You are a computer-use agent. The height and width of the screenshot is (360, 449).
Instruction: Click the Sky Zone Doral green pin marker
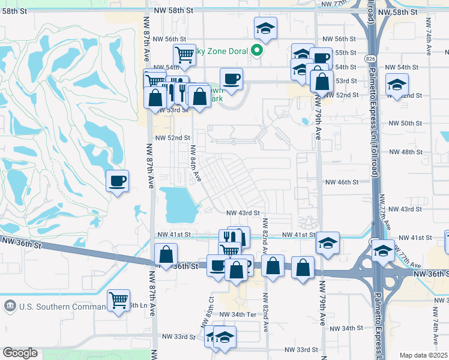click(x=256, y=50)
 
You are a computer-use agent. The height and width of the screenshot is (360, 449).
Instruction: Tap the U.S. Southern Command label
click(x=53, y=307)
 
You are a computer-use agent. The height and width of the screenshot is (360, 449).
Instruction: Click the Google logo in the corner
click(x=20, y=353)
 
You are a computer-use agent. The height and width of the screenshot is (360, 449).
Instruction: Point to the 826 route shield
click(x=370, y=56)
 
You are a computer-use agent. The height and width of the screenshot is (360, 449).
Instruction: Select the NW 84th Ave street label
click(x=195, y=164)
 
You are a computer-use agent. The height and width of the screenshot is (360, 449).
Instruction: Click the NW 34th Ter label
click(x=238, y=314)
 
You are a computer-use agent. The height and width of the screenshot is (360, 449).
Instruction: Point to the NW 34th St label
click(x=347, y=328)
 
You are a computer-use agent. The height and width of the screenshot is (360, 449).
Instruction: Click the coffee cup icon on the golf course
click(x=117, y=180)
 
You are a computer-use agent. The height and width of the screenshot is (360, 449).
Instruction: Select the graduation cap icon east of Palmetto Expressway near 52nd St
click(x=397, y=84)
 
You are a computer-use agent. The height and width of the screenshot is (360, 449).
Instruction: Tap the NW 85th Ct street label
click(x=211, y=306)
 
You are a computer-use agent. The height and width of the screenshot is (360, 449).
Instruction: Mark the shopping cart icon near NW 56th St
click(x=185, y=55)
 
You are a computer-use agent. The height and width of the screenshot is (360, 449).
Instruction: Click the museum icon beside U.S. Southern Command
click(x=10, y=306)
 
